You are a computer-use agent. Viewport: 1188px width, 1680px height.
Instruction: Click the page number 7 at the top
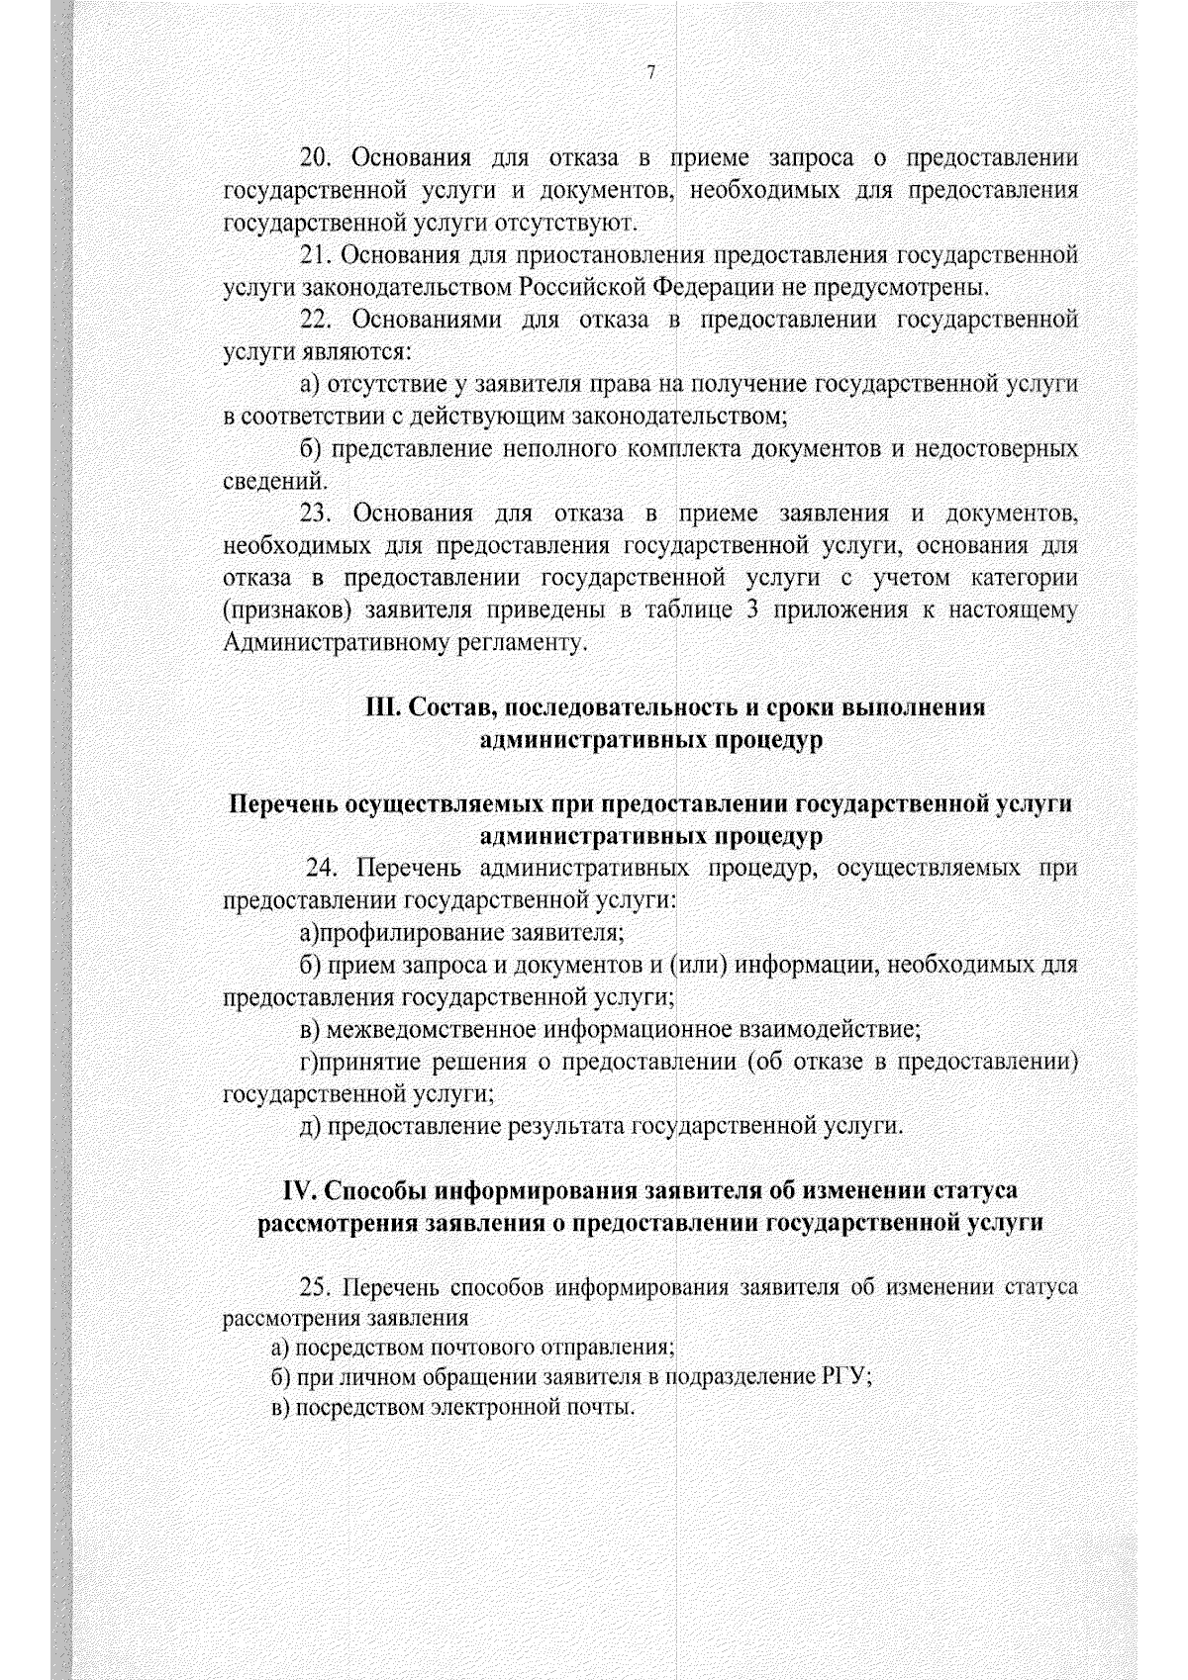pos(649,73)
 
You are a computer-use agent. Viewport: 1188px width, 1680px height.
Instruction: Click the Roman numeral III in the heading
pos(381,708)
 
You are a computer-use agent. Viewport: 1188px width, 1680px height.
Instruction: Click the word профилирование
pos(408,933)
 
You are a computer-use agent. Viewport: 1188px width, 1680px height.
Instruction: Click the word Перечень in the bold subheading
pos(284,805)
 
